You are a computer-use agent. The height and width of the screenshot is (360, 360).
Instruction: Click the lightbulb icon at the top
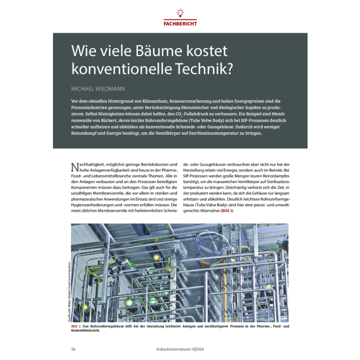(x=180, y=12)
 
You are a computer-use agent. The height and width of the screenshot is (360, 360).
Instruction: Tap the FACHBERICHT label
(x=180, y=23)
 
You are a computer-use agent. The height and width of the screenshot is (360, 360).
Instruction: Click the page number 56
(x=74, y=350)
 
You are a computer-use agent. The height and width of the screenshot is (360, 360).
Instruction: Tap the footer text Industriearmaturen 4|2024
(x=181, y=350)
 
